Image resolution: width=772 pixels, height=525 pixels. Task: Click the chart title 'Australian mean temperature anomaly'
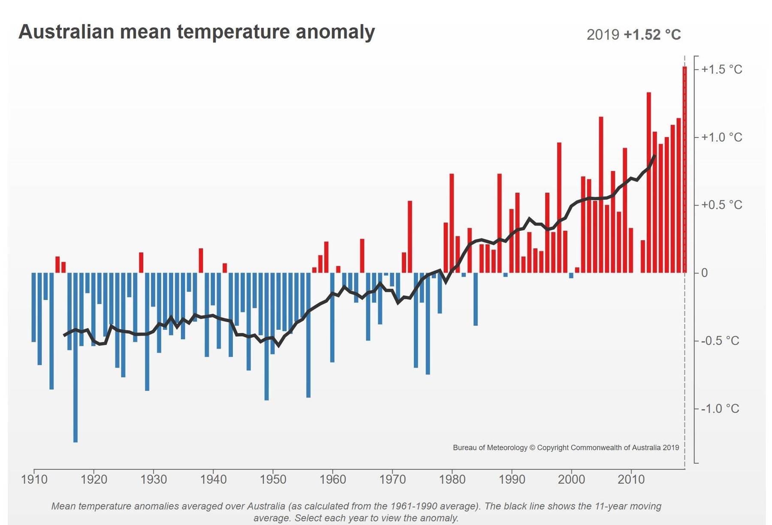pos(196,32)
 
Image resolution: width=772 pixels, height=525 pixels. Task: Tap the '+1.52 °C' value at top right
pos(652,35)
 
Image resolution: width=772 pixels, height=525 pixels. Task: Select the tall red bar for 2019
pos(685,169)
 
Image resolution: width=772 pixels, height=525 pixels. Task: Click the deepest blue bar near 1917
pos(75,357)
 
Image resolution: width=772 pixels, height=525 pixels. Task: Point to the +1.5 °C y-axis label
pos(721,69)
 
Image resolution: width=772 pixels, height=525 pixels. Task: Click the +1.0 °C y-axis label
pos(721,137)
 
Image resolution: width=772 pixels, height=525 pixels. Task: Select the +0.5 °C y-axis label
pos(721,205)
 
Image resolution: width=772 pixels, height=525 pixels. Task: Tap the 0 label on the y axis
pos(704,273)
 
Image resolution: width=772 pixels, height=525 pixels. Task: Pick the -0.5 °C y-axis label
pos(720,341)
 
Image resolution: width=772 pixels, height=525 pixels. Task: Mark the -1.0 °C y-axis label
pos(720,408)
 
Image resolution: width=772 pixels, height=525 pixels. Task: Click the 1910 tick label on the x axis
pos(34,479)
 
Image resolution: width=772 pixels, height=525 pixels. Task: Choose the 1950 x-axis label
pos(273,479)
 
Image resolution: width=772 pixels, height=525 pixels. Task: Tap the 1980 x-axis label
pos(452,479)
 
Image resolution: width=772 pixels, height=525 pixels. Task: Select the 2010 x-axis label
pos(631,479)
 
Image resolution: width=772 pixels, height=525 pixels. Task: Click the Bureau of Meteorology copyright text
pos(566,448)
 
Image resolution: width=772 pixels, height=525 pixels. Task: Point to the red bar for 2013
pos(649,182)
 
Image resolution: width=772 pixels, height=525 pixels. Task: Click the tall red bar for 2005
pos(601,195)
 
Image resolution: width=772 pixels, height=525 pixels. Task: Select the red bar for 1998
pos(559,208)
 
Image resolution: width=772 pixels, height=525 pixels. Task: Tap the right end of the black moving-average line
pos(654,156)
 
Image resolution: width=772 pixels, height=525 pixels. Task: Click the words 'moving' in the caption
pos(645,506)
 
